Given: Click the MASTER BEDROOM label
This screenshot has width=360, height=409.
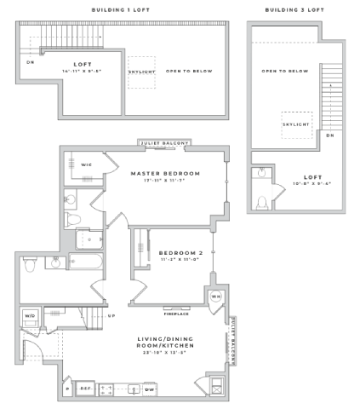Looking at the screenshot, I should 165,173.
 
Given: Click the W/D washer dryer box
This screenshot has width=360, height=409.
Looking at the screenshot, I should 31,315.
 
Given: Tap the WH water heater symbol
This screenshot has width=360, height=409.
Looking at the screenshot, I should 216,297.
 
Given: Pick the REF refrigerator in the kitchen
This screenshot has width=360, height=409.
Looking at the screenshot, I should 85,388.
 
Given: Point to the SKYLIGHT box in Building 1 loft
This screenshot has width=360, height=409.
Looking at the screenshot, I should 140,72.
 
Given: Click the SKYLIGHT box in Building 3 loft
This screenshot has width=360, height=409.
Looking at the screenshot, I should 295,124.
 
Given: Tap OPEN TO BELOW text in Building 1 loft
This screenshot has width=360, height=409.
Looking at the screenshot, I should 189,72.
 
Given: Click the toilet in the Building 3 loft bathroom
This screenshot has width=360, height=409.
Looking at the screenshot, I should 262,202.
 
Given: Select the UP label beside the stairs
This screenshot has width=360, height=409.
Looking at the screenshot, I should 111,315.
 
